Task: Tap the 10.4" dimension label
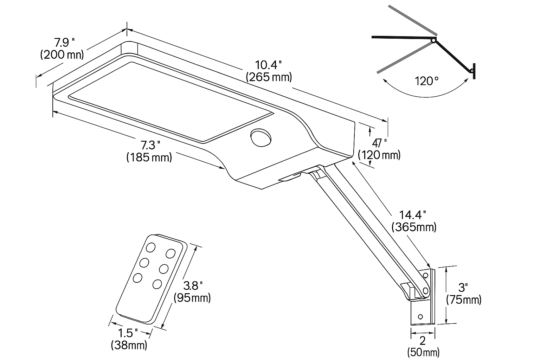pos(269,65)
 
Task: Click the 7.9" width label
pos(64,43)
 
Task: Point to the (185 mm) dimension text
pos(149,156)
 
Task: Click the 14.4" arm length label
pos(413,214)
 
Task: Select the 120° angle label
pos(426,81)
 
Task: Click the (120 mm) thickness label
pos(379,155)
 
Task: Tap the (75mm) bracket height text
pos(464,300)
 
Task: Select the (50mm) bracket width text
pos(423,352)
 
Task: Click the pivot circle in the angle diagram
pos(433,41)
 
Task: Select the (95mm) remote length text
pos(192,298)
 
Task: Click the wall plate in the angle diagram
pos(474,70)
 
